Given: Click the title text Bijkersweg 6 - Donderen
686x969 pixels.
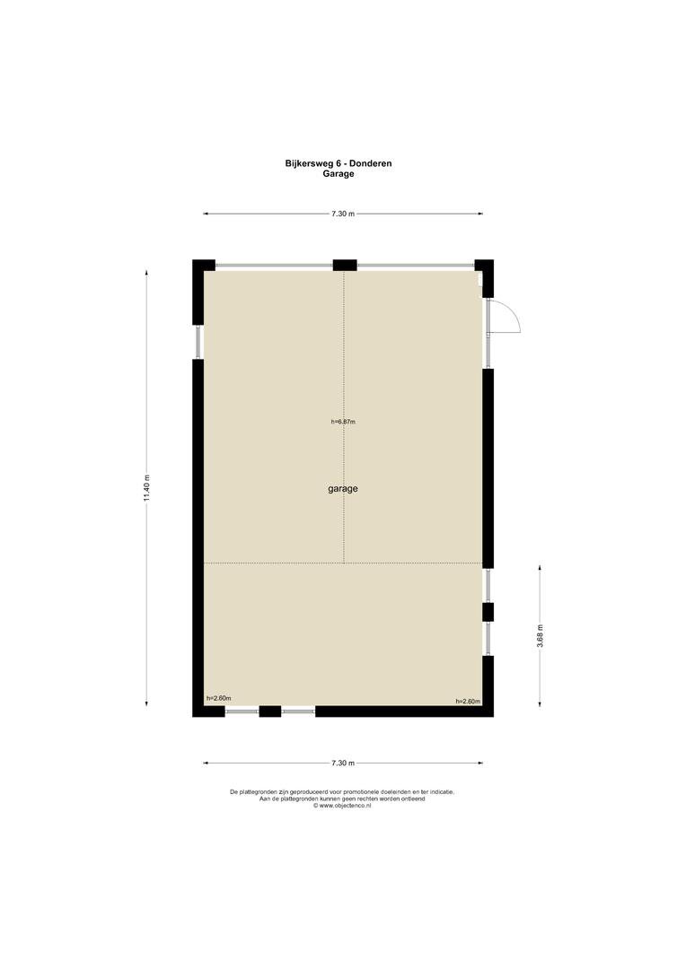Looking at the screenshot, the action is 339,164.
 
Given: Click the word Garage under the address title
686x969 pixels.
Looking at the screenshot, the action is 339,174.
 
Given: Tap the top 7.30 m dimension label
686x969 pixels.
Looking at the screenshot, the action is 343,214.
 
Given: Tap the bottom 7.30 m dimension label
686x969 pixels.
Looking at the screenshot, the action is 343,764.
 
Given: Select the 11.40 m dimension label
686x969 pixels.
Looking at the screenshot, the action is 147,488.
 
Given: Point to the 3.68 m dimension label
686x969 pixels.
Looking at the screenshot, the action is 540,636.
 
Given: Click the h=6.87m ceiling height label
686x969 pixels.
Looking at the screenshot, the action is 343,422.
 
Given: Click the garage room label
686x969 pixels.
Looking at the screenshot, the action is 343,489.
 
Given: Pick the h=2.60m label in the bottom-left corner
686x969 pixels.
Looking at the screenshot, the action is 218,698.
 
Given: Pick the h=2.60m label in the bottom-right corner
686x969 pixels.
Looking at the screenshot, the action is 468,702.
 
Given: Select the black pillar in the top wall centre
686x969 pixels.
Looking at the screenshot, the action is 345,266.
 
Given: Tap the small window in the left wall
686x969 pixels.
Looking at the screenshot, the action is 198,342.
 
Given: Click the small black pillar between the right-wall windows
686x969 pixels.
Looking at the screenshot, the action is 488,612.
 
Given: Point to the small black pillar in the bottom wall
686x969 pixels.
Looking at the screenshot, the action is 269,711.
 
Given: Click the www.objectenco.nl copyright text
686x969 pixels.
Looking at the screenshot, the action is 342,805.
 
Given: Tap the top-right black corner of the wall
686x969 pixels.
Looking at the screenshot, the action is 486,267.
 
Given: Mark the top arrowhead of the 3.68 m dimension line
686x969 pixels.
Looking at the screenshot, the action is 540,567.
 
